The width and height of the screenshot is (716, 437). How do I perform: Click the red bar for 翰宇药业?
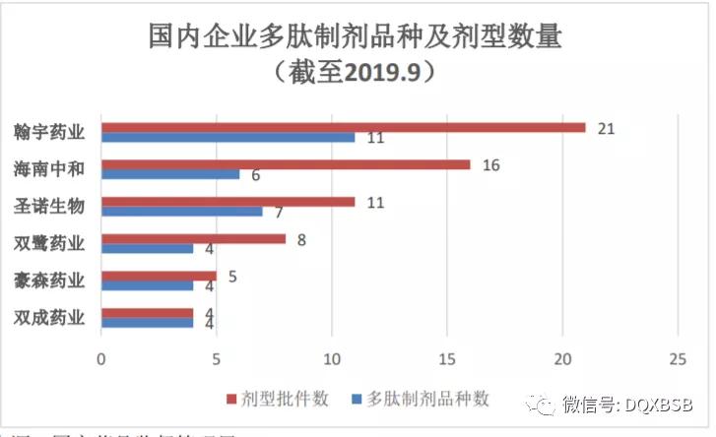343,127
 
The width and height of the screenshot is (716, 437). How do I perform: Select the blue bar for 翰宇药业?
228,138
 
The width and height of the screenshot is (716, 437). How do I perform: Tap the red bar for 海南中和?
286,164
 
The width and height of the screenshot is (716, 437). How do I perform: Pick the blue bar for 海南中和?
170,174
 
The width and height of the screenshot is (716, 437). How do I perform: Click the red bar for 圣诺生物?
228,202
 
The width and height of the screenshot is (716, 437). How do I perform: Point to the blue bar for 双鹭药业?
147,248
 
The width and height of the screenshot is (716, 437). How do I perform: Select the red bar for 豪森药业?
159,276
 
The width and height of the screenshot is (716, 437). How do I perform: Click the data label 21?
606,128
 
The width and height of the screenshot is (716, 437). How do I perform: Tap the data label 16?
490,164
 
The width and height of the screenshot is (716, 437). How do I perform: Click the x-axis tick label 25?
678,358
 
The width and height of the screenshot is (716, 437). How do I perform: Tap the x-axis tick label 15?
447,358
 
